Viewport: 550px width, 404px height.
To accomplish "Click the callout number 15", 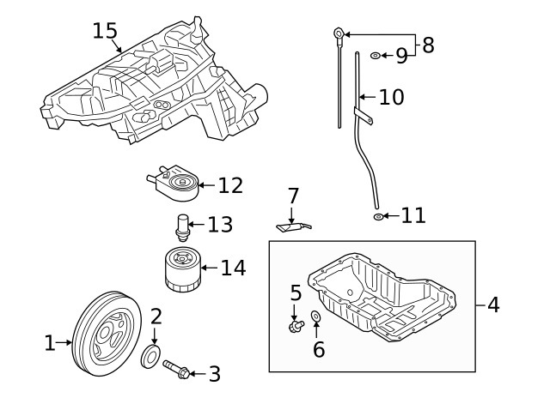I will (105, 31).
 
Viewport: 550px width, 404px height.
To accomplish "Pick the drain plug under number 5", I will (297, 326).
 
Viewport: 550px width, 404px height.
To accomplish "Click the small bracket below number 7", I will (291, 226).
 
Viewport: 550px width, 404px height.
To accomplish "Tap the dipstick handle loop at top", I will (339, 34).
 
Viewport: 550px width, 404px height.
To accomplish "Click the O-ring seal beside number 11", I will (378, 216).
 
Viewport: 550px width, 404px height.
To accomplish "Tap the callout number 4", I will (493, 304).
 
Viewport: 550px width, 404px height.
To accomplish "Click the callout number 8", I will (428, 45).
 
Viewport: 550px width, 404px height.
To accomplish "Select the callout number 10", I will (390, 97).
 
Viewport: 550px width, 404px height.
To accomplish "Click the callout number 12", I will (229, 184).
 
